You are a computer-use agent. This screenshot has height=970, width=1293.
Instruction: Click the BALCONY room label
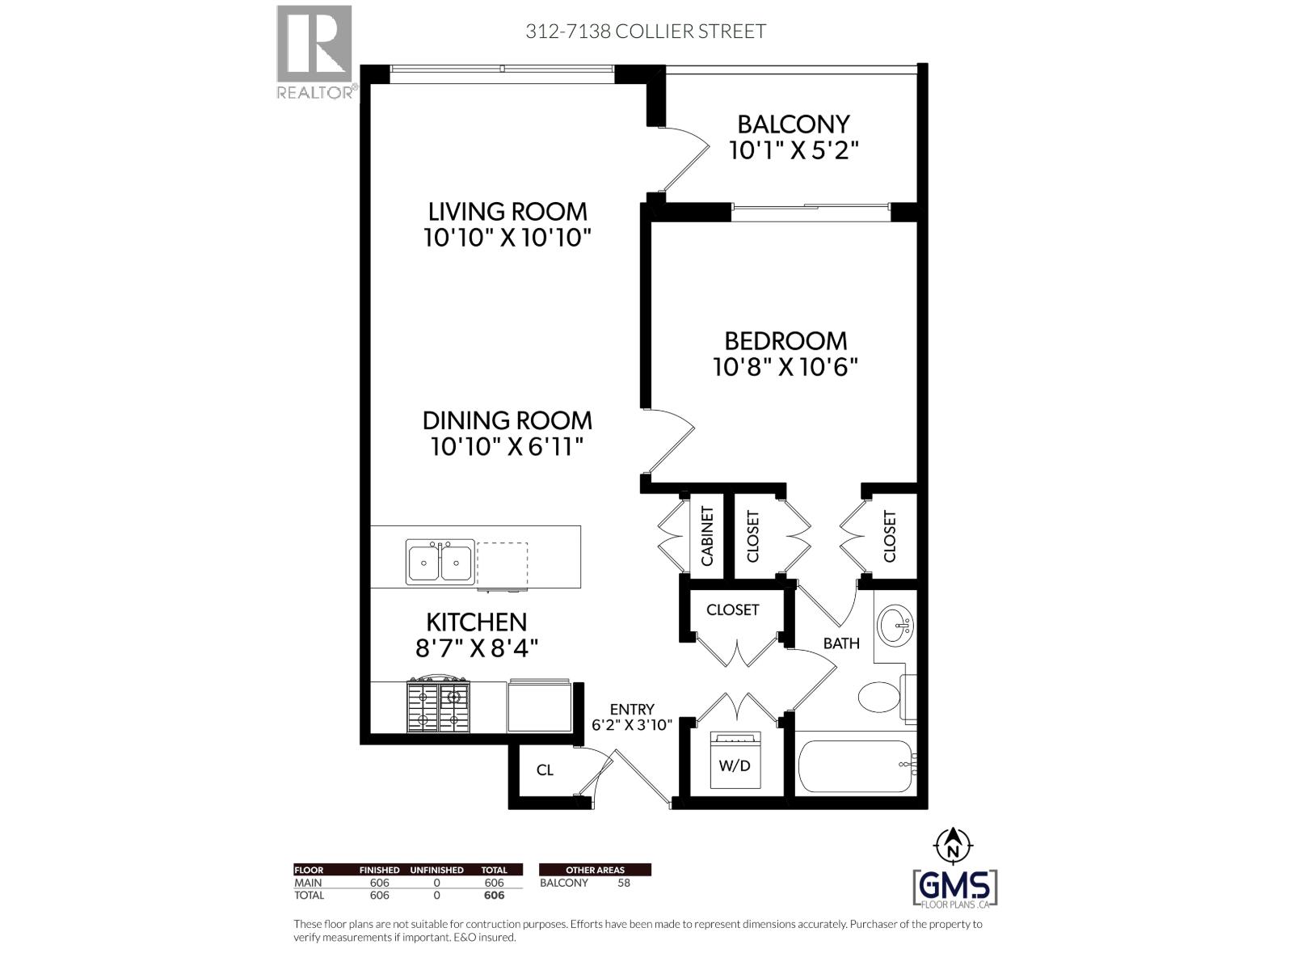tap(794, 124)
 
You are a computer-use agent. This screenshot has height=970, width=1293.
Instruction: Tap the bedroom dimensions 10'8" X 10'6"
tap(785, 368)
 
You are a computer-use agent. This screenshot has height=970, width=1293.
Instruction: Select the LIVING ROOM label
tap(508, 212)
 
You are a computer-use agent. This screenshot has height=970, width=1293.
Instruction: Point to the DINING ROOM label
tap(508, 420)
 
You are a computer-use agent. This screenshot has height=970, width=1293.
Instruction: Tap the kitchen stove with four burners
tap(438, 706)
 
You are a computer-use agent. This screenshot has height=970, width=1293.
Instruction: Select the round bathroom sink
tap(895, 624)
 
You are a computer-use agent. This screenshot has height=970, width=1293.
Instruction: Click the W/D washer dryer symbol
tap(735, 760)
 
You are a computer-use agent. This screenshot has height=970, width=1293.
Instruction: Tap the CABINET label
tap(707, 536)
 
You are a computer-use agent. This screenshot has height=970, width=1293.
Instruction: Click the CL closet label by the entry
tap(545, 770)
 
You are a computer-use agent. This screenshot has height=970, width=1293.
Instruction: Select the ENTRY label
tap(632, 709)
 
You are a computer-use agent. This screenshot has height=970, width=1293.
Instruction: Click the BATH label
tap(841, 643)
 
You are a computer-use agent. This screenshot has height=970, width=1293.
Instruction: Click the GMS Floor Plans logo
tap(954, 888)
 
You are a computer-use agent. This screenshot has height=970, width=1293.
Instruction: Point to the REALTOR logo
tap(316, 52)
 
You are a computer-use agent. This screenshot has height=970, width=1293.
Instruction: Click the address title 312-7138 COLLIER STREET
tap(646, 32)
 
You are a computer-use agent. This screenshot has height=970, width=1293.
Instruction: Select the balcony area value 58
tap(624, 883)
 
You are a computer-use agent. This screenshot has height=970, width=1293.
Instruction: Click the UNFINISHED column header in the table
tap(436, 870)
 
